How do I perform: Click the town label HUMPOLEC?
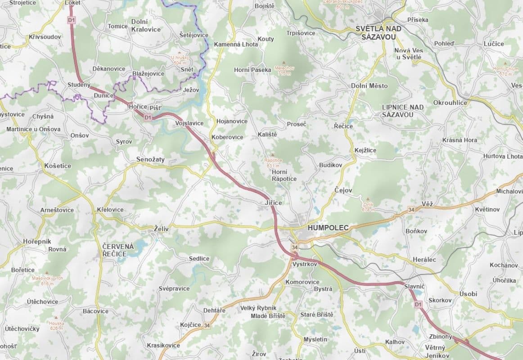click(x=328, y=228)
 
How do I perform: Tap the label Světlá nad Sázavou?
click(x=378, y=33)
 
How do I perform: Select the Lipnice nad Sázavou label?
click(x=403, y=111)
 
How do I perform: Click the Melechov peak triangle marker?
click(x=284, y=63)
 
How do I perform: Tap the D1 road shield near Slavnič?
click(x=419, y=305)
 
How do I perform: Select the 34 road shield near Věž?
click(x=410, y=210)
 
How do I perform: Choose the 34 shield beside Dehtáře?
click(x=207, y=325)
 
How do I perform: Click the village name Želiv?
click(x=161, y=229)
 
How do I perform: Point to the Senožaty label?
click(x=150, y=159)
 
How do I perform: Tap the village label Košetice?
click(x=58, y=166)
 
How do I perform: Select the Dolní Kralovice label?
click(x=146, y=26)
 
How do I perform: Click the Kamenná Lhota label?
click(x=236, y=44)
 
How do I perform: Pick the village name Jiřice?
click(x=273, y=203)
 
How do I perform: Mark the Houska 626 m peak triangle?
click(x=57, y=318)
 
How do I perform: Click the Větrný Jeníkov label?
click(x=435, y=351)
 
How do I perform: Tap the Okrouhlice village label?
click(x=450, y=103)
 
